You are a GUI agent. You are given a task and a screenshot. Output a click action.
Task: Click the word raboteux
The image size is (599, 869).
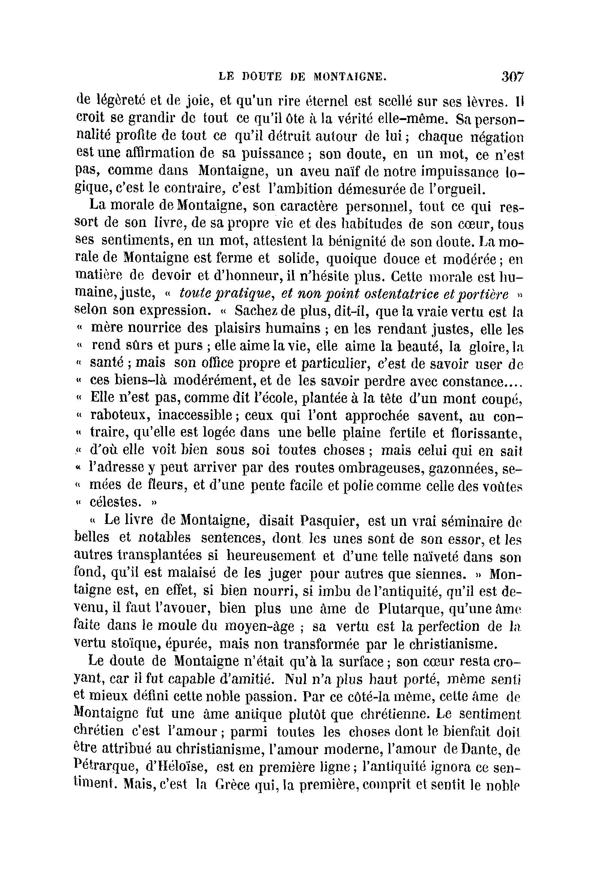click(119, 416)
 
